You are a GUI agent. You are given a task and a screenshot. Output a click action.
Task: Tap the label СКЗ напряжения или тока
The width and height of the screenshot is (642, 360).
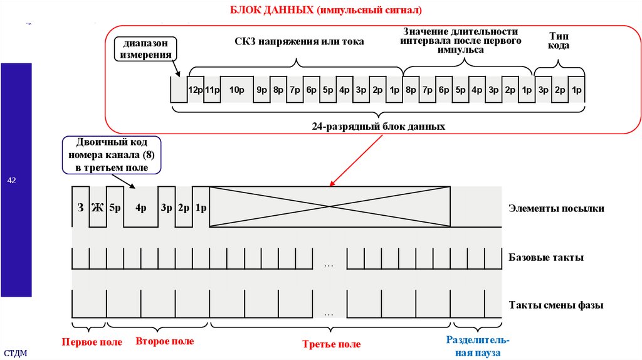pos(299,41)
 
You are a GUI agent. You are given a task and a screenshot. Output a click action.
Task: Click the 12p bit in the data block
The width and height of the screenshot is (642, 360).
pos(195,89)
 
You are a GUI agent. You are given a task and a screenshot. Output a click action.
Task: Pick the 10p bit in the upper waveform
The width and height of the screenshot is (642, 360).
pos(236,89)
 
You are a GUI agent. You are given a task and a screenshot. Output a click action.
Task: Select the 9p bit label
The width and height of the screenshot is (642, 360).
pos(261,89)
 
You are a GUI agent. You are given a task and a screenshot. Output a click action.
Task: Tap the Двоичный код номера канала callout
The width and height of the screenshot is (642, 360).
pos(111,155)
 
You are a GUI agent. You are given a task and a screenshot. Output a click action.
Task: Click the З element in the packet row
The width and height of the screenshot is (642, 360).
pos(80,208)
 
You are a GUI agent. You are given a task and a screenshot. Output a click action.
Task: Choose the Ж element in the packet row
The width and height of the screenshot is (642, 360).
pos(97,208)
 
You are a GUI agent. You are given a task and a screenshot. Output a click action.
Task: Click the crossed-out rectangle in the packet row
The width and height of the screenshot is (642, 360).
pos(330,206)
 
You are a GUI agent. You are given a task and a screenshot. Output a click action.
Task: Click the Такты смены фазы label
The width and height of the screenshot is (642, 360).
pos(556,306)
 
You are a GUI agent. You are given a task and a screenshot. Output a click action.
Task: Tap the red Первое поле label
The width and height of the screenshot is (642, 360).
pos(87,342)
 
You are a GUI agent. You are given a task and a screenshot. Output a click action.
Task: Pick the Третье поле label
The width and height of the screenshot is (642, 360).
pos(331,344)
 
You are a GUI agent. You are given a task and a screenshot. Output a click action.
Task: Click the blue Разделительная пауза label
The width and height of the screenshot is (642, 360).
pos(478,347)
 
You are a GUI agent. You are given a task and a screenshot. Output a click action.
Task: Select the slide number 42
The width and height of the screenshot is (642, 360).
pos(11,181)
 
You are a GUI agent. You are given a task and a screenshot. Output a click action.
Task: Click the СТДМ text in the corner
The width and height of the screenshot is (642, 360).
pos(16,353)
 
